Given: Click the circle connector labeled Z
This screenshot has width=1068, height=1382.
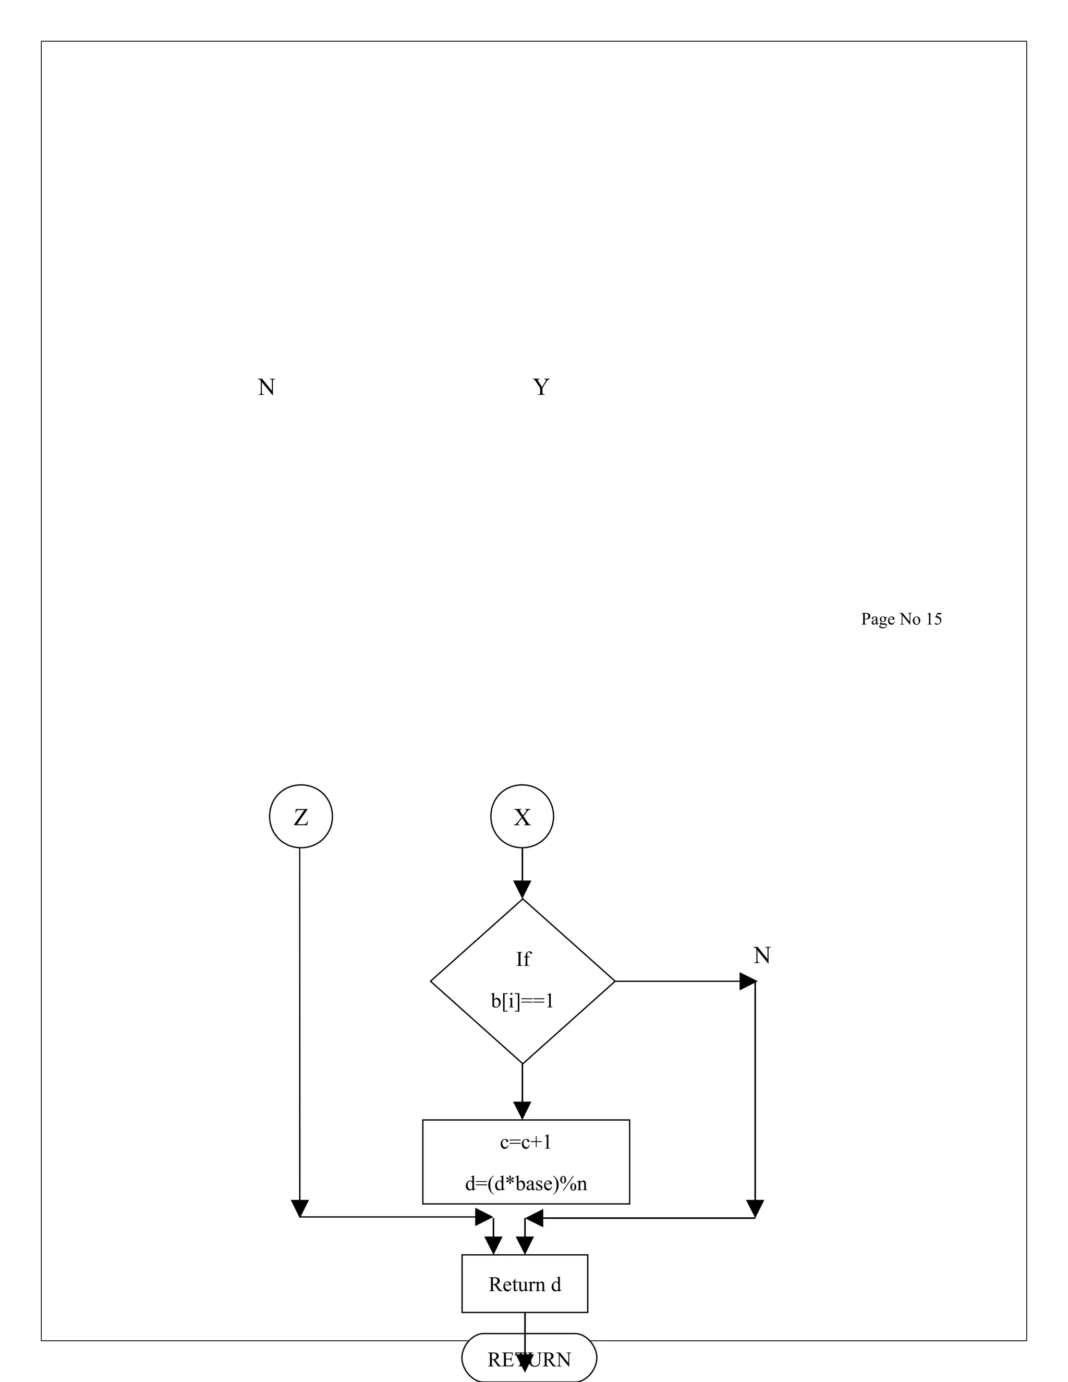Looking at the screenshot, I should [x=300, y=816].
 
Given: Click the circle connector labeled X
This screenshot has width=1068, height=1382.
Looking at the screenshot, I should [x=522, y=816].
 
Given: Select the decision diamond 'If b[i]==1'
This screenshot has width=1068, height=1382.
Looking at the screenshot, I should [x=522, y=981].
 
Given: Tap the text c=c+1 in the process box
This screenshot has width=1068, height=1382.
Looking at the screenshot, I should [x=525, y=1142].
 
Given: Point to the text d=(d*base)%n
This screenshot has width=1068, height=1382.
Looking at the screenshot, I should [x=526, y=1183].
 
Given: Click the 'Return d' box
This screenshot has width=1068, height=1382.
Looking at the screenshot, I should [x=525, y=1284].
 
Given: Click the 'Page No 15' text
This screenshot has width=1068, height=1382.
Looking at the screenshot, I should [x=901, y=619].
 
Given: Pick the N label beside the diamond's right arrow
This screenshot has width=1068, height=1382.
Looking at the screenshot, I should [x=762, y=955].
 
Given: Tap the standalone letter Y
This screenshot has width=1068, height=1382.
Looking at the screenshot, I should [x=541, y=386].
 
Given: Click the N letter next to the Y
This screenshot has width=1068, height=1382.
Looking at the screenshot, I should [x=266, y=386].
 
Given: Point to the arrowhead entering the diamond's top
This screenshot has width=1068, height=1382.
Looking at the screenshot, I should [x=522, y=890].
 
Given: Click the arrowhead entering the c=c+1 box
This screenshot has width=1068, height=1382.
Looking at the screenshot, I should [x=522, y=1110].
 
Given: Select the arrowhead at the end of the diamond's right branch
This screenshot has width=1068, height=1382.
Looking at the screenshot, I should [x=748, y=981].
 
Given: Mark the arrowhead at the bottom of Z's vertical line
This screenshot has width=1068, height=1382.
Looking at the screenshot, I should [x=300, y=1208].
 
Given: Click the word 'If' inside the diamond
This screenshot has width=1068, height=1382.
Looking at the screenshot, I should [x=523, y=959].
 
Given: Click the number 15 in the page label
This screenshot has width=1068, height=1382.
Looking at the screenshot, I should [x=933, y=619].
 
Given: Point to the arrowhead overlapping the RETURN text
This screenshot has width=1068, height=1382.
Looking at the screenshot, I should [x=525, y=1361].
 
